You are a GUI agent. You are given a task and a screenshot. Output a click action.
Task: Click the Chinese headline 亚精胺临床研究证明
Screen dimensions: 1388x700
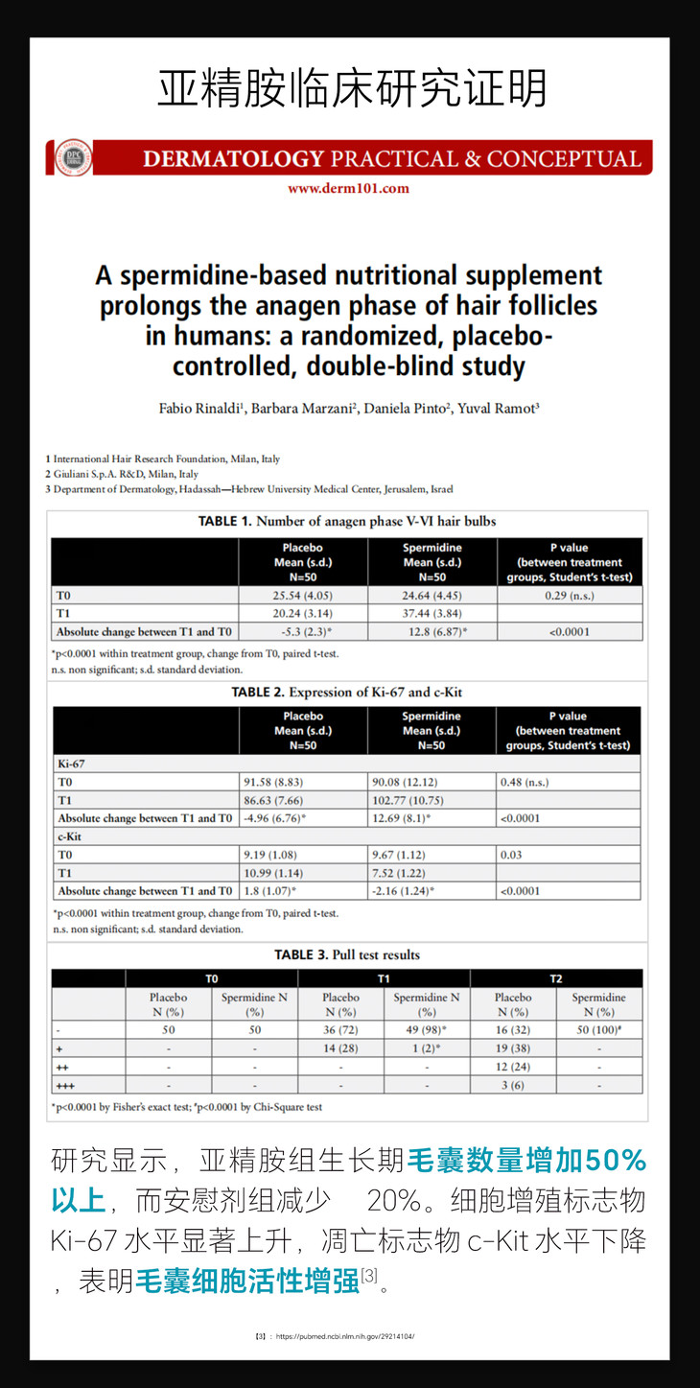351,89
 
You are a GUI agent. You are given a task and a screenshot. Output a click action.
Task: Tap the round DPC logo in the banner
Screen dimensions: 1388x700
73,158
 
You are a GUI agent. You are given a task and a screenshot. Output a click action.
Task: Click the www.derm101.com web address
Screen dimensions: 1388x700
348,189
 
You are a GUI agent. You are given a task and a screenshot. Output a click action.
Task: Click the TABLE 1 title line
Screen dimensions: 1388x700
347,522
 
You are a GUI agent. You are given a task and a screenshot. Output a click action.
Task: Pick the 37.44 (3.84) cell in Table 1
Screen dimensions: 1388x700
432,614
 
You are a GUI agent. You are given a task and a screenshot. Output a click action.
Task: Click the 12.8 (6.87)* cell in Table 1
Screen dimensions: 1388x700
432,632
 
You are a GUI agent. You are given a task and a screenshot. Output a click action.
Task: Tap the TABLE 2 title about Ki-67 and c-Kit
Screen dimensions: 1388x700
346,692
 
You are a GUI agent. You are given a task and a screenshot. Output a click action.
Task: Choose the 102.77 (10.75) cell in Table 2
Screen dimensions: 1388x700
432,800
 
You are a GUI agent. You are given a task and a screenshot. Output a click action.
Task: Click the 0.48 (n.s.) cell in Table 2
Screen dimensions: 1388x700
525,782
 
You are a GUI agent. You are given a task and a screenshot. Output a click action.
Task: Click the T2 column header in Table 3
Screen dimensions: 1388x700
555,978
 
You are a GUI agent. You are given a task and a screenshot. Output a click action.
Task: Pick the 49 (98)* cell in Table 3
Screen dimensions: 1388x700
427,1030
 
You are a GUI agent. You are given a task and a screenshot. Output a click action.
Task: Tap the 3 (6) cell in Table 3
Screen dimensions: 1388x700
513,1085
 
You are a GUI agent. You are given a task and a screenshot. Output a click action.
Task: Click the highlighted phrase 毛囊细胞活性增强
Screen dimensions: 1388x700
247,1281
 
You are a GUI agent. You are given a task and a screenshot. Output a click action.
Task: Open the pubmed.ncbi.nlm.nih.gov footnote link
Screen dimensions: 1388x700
344,1335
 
